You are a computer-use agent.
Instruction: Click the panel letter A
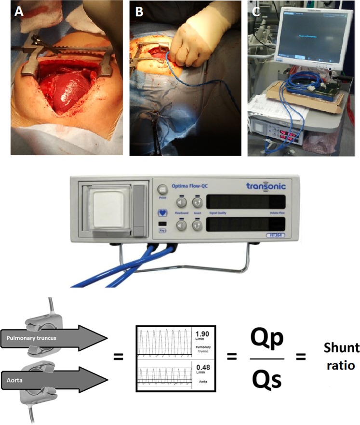pyautogui.click(x=18, y=12)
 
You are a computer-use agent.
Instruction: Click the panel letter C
pyautogui.click(x=257, y=12)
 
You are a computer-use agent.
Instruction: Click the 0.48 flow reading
pyautogui.click(x=200, y=371)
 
